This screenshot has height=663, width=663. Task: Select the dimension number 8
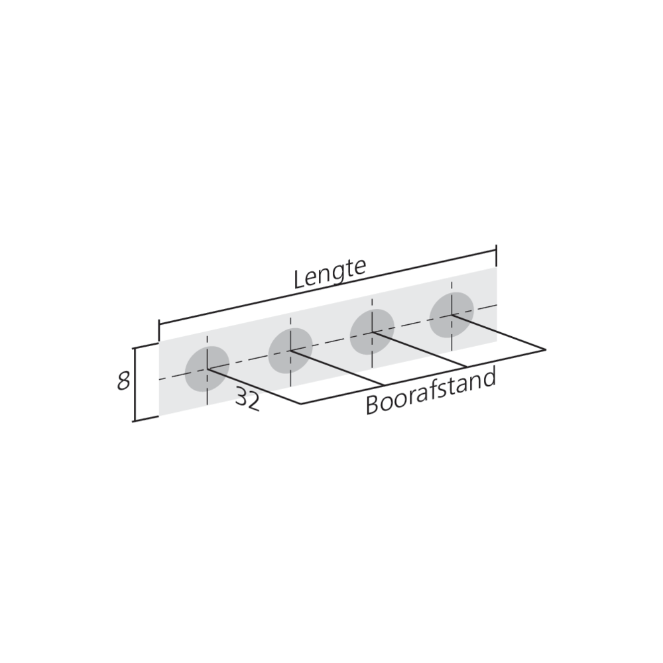123,383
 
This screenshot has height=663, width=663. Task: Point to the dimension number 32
247,400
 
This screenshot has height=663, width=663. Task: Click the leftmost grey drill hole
207,368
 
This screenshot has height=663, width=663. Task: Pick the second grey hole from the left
290,350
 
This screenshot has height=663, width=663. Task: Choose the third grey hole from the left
372,332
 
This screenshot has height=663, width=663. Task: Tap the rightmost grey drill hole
452,315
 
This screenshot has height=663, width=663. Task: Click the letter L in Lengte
299,279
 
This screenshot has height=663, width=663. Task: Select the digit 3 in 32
241,401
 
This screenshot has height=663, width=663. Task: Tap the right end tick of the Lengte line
496,256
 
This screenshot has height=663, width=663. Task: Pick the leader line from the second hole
338,368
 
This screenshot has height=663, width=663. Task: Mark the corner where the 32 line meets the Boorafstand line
301,403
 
